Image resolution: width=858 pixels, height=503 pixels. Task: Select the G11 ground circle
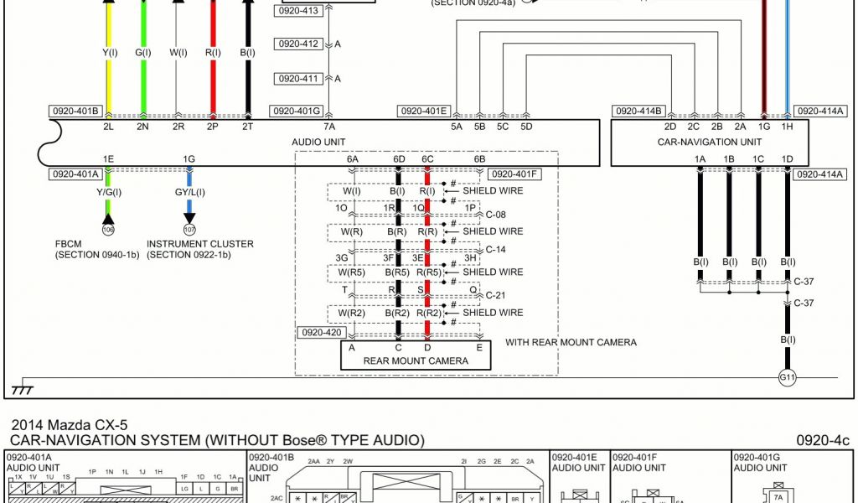click(x=787, y=377)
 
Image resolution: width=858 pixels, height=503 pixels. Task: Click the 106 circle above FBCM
click(x=107, y=229)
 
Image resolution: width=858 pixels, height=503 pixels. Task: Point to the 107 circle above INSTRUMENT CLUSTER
click(x=189, y=229)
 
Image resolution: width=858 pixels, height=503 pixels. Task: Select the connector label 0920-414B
click(x=639, y=111)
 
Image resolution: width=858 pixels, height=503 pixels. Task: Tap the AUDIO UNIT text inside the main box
click(x=318, y=142)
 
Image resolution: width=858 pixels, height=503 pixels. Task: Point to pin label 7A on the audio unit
click(x=329, y=127)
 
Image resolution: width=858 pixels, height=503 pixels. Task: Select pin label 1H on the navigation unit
click(x=787, y=127)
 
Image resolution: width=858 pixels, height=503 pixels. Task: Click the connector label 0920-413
click(x=297, y=11)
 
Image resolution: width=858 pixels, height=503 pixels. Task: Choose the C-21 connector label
click(x=496, y=295)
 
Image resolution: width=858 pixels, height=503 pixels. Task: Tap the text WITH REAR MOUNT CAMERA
click(x=571, y=342)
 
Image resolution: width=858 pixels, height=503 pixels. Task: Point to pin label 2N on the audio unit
click(x=143, y=127)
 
